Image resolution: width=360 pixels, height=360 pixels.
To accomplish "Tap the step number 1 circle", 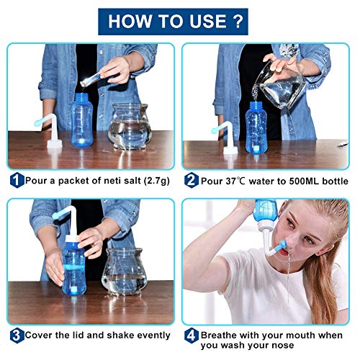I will point(15,180).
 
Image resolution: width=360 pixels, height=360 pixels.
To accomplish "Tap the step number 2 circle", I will point(192,180).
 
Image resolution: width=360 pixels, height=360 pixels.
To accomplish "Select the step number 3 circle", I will point(15,335).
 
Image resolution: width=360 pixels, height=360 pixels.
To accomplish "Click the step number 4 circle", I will point(192,335).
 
